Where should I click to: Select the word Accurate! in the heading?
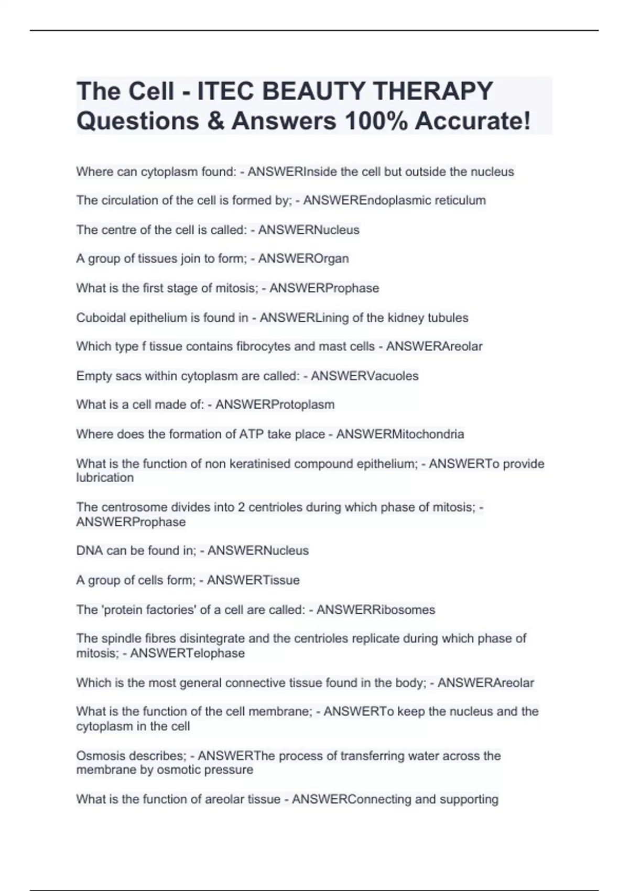(x=473, y=121)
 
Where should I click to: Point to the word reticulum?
(x=460, y=200)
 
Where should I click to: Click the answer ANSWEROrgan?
(x=303, y=258)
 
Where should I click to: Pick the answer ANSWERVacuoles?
(x=365, y=376)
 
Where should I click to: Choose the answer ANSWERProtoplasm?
(x=275, y=405)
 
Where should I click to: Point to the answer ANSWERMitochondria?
(x=400, y=434)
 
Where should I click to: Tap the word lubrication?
(x=105, y=477)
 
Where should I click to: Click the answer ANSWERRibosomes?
(x=376, y=610)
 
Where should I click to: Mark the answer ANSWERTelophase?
(x=187, y=653)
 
